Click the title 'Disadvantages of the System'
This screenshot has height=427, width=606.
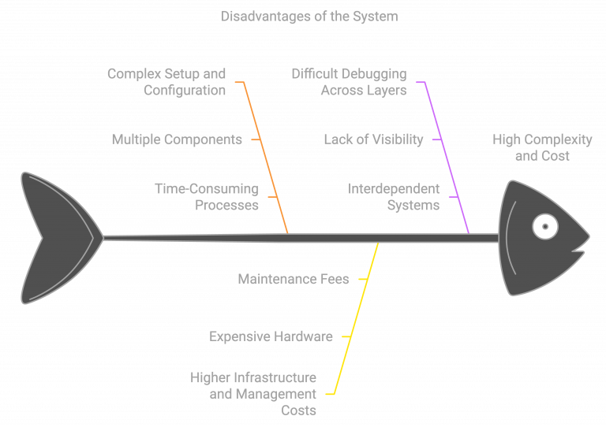click(309, 16)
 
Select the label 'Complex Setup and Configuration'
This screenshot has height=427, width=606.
click(166, 82)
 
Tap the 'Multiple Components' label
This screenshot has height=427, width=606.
click(177, 139)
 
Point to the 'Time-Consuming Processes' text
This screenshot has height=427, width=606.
click(206, 197)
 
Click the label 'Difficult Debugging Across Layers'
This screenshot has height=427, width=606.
click(350, 82)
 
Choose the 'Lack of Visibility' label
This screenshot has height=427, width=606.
click(373, 139)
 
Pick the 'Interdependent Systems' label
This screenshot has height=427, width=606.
click(393, 197)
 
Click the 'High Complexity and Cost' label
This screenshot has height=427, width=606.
click(542, 147)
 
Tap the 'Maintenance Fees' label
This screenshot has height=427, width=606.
click(294, 279)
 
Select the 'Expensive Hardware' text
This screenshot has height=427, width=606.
click(271, 336)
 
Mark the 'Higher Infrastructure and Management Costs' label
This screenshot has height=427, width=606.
click(253, 394)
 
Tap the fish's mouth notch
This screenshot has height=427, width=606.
click(581, 251)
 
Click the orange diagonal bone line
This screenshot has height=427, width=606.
click(268, 158)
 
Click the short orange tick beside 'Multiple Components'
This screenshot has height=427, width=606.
click(256, 139)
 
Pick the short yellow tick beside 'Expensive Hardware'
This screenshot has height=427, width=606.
click(345, 336)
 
